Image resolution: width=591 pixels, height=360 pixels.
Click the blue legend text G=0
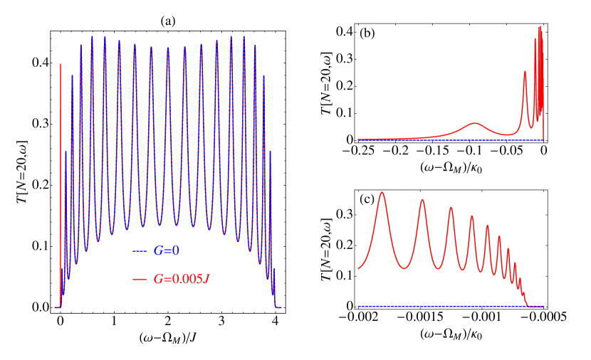click(166, 251)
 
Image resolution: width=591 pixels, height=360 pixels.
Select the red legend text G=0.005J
click(182, 279)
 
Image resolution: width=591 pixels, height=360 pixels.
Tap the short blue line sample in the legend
click(140, 251)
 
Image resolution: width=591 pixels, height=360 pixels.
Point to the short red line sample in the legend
click(140, 279)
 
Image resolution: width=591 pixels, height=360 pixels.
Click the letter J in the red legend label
click(206, 279)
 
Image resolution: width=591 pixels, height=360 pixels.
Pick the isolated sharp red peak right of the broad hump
click(525, 73)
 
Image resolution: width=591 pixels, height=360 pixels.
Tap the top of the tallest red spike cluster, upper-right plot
click(540, 28)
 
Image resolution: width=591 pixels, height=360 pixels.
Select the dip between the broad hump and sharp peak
click(506, 134)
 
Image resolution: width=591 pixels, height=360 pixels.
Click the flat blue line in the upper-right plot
click(427, 140)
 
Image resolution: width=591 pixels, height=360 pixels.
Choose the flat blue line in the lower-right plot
click(441, 307)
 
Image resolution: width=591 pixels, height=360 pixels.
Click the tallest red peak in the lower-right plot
click(383, 193)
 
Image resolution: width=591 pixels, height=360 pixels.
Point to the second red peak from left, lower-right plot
click(423, 200)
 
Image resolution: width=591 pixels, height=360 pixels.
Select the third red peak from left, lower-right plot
click(451, 208)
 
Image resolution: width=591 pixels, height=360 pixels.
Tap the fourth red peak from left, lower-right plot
click(472, 216)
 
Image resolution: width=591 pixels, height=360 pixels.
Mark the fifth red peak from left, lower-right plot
click(488, 226)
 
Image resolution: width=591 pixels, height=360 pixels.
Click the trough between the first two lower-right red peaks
click(404, 268)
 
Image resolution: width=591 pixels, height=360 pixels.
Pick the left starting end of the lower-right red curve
click(358, 268)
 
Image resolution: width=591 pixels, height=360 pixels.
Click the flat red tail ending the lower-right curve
click(535, 307)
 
